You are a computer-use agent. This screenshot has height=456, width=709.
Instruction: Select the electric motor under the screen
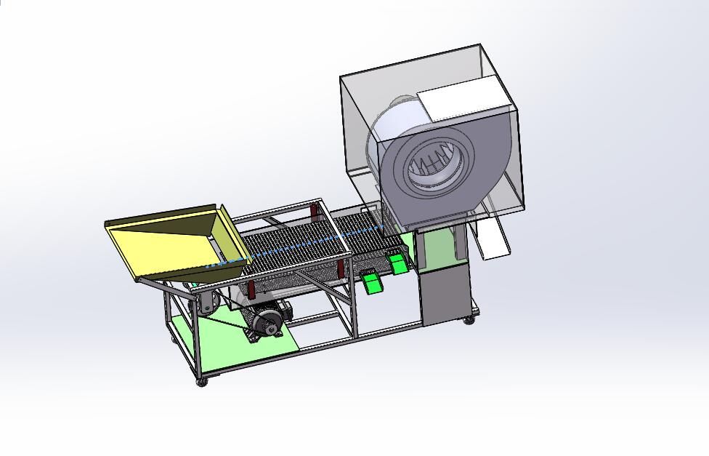pos(266,320)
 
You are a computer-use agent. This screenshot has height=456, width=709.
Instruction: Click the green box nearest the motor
pos(372,281)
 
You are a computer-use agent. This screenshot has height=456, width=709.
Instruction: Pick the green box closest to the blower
pos(397,263)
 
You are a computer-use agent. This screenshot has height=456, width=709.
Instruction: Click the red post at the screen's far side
pos(315,213)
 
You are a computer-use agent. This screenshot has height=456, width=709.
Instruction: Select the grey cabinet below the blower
pos(444,295)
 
